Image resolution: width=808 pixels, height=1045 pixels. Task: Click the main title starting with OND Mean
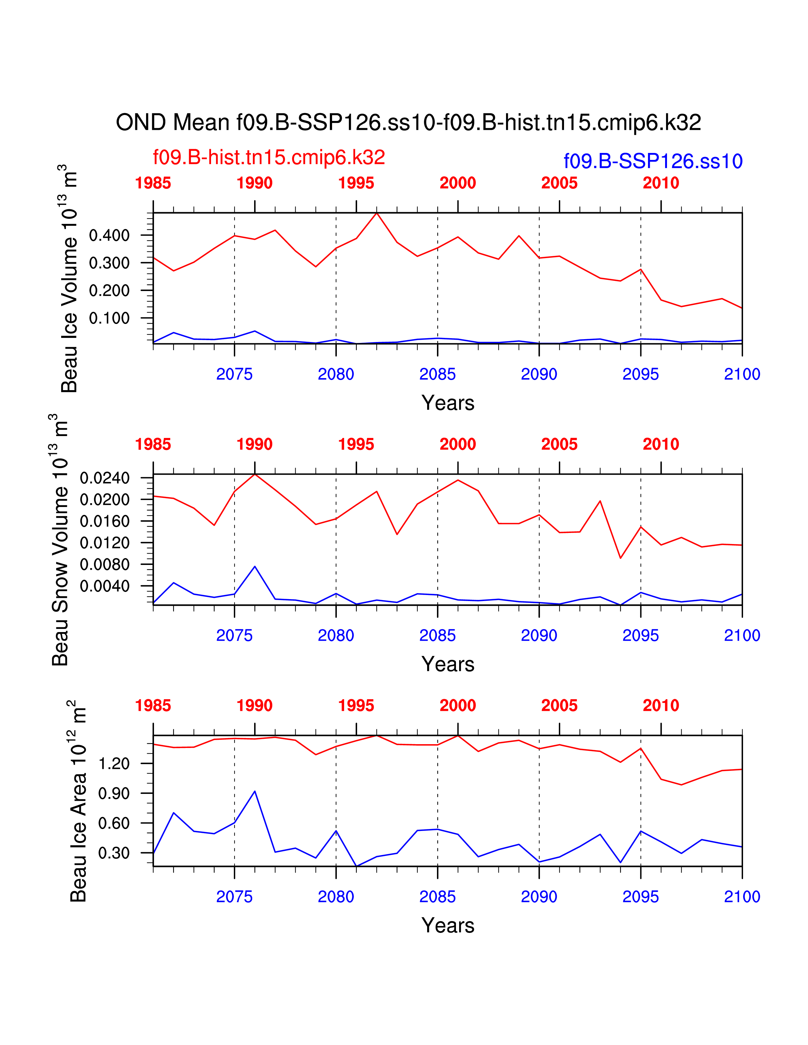[x=408, y=123]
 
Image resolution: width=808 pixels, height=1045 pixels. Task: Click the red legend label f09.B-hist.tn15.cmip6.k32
[x=268, y=157]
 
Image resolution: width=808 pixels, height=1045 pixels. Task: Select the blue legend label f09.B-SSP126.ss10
[x=653, y=161]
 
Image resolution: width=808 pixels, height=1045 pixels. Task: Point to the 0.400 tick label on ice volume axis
[x=109, y=235]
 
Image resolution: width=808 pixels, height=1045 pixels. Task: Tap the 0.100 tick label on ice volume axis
[x=109, y=318]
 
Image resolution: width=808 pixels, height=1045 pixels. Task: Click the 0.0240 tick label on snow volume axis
[x=104, y=478]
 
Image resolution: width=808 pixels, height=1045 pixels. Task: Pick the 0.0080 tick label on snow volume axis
[x=104, y=565]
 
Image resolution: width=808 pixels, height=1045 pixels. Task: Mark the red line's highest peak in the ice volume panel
[x=377, y=213]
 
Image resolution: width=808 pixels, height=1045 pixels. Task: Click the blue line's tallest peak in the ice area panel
[x=255, y=791]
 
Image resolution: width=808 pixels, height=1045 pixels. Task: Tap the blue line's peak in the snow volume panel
[x=255, y=567]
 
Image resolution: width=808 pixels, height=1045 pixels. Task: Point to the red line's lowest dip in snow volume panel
[x=620, y=558]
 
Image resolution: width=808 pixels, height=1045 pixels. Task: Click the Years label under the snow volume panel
[x=447, y=664]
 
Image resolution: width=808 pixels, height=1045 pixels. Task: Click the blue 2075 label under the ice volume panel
[x=234, y=374]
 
